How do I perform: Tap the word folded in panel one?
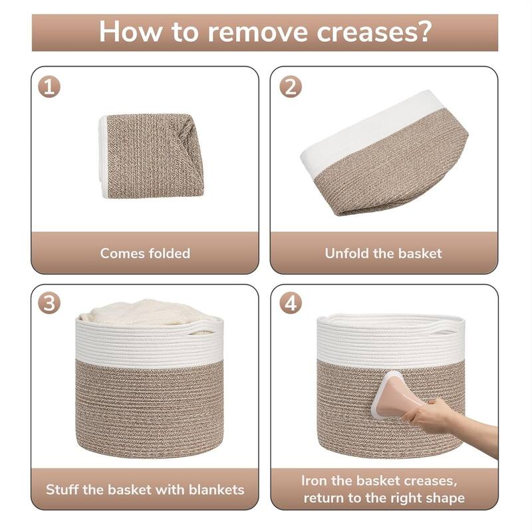[167, 253]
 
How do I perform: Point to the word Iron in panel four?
[315, 481]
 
